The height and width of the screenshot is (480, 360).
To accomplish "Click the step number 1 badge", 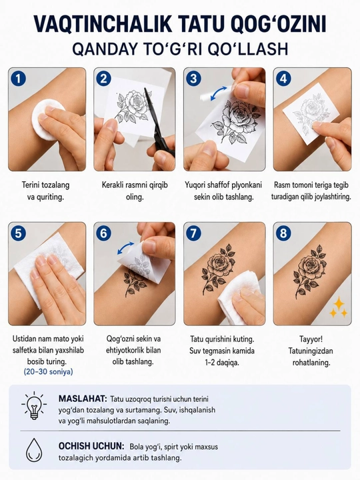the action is (x=19, y=79).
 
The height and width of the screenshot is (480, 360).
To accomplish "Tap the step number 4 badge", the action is (x=283, y=79).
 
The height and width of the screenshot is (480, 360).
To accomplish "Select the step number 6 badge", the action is (x=103, y=233).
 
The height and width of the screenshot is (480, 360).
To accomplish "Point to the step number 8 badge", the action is (x=283, y=233).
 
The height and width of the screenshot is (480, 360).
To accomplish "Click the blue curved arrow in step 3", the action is (x=219, y=93).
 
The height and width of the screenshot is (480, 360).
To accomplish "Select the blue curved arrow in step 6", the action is (x=126, y=248).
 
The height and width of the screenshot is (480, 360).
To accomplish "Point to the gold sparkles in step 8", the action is (x=338, y=307).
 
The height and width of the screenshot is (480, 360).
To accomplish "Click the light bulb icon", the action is (x=34, y=405).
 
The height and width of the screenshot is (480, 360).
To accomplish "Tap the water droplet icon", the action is (x=34, y=450).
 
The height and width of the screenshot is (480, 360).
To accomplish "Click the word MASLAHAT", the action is (x=83, y=399).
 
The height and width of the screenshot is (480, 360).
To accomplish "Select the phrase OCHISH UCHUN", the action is (x=91, y=446).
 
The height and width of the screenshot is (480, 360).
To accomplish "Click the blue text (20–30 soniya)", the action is (x=49, y=371).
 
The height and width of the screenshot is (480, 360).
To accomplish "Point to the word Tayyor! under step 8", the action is (x=311, y=339).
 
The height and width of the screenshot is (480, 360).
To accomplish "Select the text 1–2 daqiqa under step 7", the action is (x=221, y=363).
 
